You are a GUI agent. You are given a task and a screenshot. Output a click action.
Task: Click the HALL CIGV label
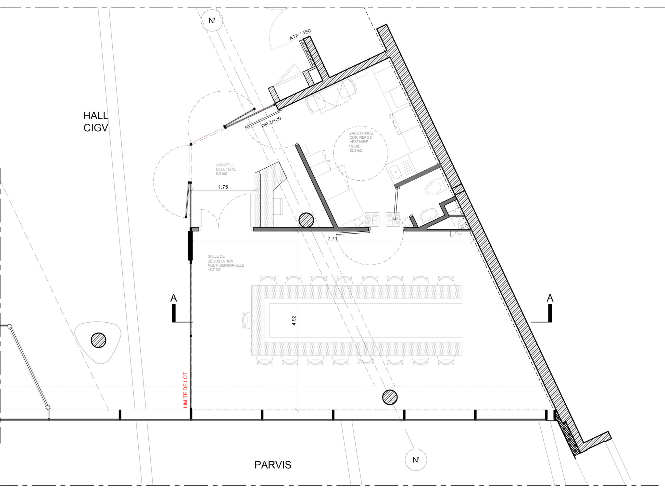click(96, 122)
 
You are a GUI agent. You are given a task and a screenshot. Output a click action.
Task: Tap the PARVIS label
click(273, 465)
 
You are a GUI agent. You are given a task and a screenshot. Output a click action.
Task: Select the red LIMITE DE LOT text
click(186, 390)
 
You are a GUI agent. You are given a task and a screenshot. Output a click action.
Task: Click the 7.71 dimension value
click(332, 238)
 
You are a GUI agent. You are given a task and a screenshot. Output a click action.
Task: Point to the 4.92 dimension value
click(294, 320)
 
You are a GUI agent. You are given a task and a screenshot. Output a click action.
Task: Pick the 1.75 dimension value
click(223, 187)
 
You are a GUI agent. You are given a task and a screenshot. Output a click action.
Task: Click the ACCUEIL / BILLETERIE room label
click(226, 169)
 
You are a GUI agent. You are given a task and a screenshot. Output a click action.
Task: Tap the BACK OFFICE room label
click(361, 142)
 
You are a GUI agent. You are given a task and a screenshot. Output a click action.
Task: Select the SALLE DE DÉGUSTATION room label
click(226, 263)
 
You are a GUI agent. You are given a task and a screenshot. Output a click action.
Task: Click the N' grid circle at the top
click(212, 20)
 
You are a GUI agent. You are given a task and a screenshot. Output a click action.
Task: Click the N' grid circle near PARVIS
click(416, 460)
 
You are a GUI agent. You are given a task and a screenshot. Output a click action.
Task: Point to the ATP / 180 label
click(300, 34)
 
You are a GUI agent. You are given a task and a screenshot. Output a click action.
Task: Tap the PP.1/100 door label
click(271, 122)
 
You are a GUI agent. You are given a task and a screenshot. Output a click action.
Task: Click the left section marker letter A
click(174, 298)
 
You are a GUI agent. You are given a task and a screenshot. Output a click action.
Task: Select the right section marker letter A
click(550, 298)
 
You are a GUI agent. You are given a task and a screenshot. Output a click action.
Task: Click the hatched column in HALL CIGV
click(98, 340)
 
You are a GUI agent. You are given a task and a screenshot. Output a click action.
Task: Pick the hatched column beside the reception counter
click(306, 220)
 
